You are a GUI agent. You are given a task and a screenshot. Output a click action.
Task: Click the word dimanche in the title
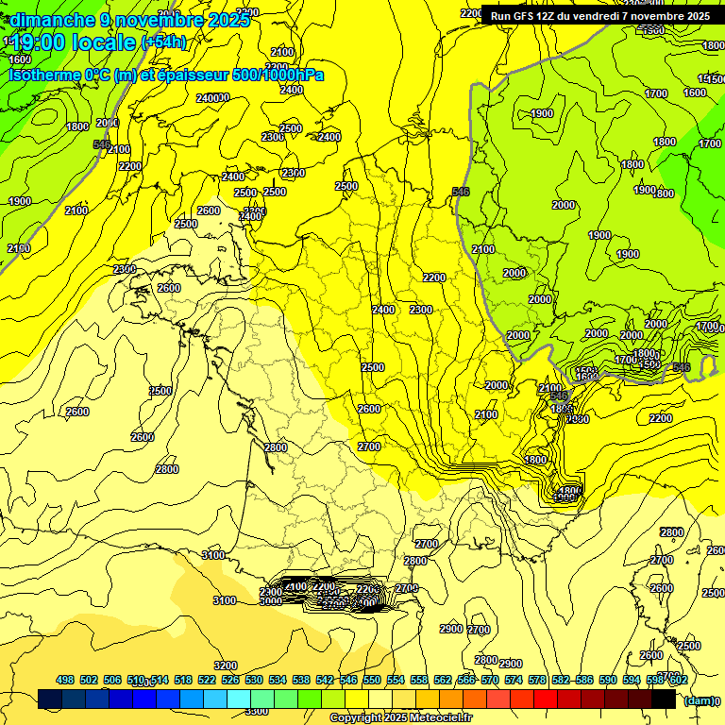click(52, 20)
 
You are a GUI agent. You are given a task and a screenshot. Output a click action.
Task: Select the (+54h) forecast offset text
click(163, 42)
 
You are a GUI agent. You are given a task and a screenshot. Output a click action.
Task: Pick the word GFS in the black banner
click(528, 16)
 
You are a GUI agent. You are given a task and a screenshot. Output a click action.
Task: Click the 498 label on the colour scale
click(65, 680)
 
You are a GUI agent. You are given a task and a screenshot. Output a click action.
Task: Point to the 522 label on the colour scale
click(207, 680)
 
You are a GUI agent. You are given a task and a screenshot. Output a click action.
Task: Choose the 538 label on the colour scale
click(301, 680)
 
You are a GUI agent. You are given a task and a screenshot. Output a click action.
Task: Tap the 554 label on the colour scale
click(396, 680)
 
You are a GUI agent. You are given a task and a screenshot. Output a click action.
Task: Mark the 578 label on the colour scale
click(537, 680)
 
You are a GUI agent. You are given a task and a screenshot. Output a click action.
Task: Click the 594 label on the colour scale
click(632, 680)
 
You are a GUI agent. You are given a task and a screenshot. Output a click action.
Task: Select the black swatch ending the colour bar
click(664, 700)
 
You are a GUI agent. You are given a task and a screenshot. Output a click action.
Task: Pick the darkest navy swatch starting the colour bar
click(50, 700)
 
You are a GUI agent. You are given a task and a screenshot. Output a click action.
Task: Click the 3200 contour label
click(226, 666)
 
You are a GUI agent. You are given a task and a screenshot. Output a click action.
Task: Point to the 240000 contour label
click(213, 98)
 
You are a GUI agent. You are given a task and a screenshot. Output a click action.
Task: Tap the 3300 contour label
click(256, 711)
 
